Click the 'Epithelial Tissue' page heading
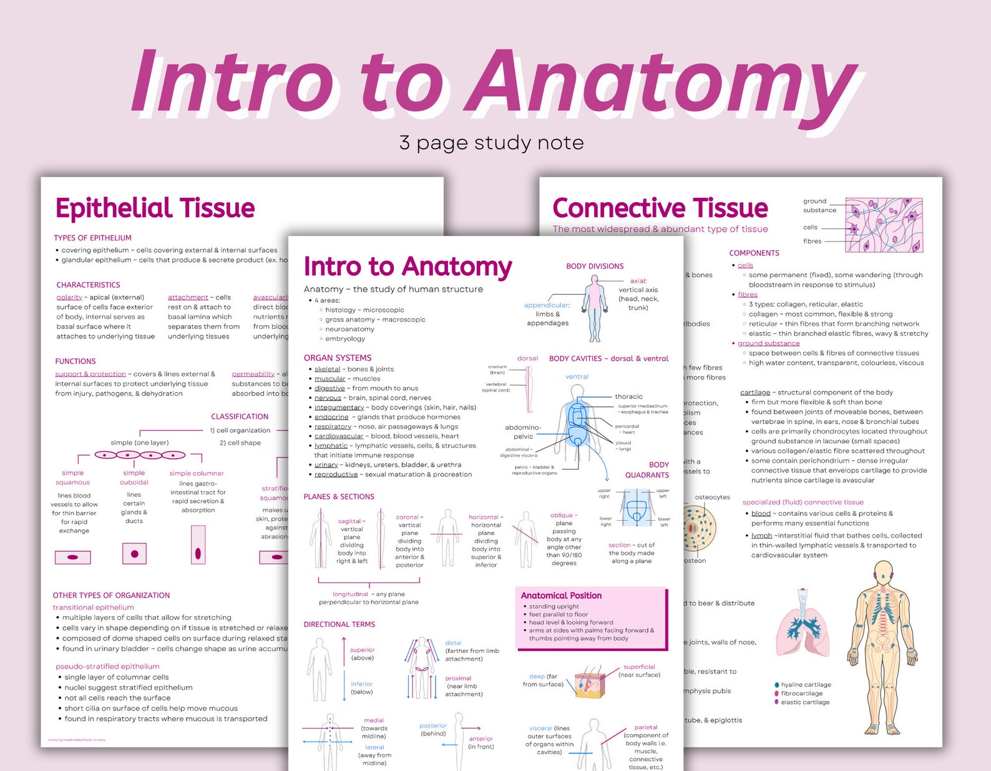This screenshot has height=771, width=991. [155, 208]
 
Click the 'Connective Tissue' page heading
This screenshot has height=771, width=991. [660, 208]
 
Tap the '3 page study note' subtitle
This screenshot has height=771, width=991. [491, 143]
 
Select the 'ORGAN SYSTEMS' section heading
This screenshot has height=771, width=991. [337, 358]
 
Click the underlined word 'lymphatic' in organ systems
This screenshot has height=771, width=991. [331, 446]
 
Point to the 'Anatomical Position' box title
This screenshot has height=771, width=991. [561, 596]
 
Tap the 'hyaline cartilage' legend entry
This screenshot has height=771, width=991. [806, 685]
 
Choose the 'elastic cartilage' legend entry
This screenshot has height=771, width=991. [805, 702]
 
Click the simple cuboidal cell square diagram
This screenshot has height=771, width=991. [134, 554]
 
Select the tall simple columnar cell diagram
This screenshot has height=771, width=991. [198, 545]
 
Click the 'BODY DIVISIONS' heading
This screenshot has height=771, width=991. [595, 266]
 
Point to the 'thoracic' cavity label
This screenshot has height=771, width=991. [628, 396]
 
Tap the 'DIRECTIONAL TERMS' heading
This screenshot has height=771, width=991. [339, 624]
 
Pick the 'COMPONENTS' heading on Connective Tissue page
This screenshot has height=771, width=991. [754, 253]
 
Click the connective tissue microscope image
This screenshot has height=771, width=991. [883, 225]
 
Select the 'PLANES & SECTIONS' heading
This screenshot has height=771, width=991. [339, 497]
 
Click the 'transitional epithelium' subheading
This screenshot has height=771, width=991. [93, 607]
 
